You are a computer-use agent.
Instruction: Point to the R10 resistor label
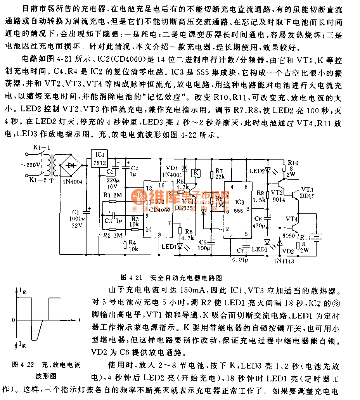(x=293, y=163)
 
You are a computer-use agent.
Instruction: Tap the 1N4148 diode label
(x=283, y=261)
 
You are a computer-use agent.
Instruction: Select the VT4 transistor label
(x=291, y=219)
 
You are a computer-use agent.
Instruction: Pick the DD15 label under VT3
(x=307, y=196)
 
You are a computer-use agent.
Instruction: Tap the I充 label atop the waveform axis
(x=23, y=290)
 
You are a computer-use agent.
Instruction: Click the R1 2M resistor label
(x=111, y=194)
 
